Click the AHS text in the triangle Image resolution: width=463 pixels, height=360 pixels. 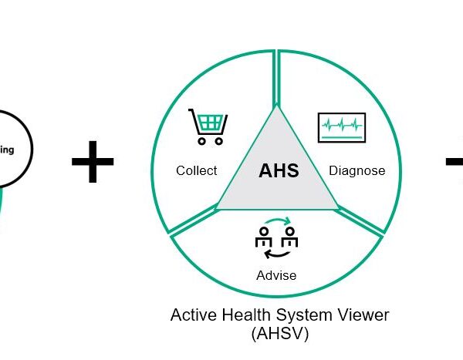click(278, 170)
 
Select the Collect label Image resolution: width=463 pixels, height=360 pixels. click(196, 170)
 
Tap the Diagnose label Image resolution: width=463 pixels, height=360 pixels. click(357, 170)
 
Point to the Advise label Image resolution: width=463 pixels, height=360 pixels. click(276, 275)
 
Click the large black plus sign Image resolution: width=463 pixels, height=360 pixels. click(93, 162)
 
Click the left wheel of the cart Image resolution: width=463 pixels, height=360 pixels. click(201, 141)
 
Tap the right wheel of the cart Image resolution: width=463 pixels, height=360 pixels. click(221, 141)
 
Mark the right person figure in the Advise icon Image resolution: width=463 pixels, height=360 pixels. click(289, 238)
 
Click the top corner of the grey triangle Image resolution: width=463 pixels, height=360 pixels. click(276, 108)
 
